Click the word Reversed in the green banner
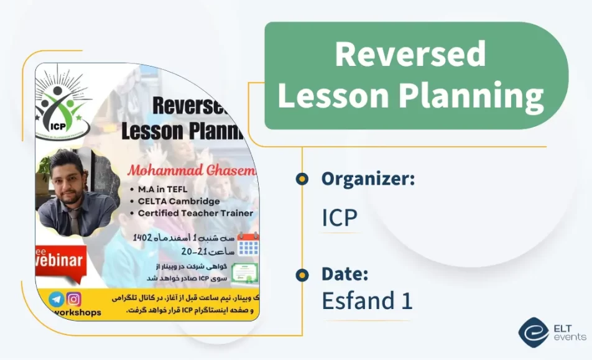410,54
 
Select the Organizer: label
368,179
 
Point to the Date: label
345,274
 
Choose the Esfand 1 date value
367,301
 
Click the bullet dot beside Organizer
302,180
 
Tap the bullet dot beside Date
302,274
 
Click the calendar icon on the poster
248,244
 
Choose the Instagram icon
74,298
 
